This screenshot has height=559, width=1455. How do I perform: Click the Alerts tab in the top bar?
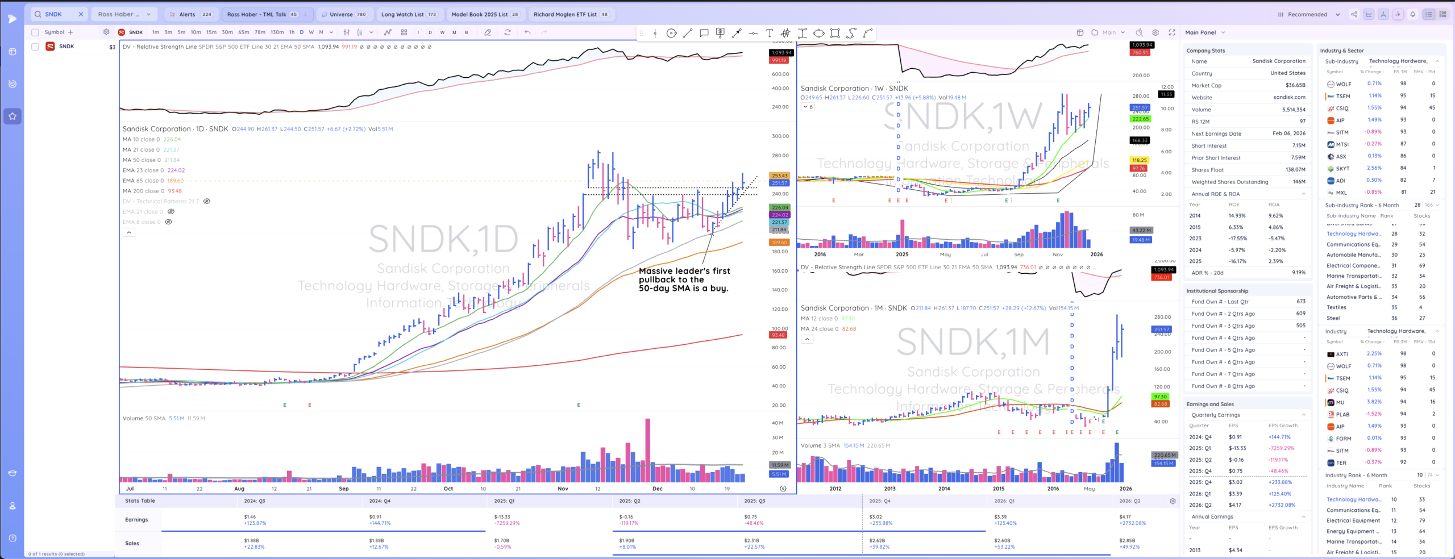tap(187, 14)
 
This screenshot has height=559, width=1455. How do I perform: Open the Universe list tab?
tap(341, 14)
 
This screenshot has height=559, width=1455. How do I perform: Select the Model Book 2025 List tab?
tap(479, 14)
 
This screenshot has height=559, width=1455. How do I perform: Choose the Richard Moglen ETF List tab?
tap(565, 14)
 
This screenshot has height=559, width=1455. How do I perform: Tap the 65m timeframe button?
tap(243, 32)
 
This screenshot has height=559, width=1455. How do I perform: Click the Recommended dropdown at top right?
tap(1307, 14)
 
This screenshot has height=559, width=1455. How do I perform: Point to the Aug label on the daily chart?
tap(239, 489)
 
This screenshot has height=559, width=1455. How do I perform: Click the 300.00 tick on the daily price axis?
tap(780, 136)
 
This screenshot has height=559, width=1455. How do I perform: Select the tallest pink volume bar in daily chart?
tap(647, 449)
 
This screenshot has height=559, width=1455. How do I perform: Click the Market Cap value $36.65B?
tap(1295, 85)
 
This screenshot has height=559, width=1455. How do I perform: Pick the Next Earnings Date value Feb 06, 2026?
tap(1288, 134)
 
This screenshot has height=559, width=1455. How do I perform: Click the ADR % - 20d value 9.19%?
tap(1298, 273)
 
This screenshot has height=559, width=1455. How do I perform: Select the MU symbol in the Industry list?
tap(1340, 402)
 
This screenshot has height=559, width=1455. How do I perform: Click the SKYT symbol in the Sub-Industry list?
tap(1342, 169)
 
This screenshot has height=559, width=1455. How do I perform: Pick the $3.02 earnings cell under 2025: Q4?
tap(876, 516)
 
